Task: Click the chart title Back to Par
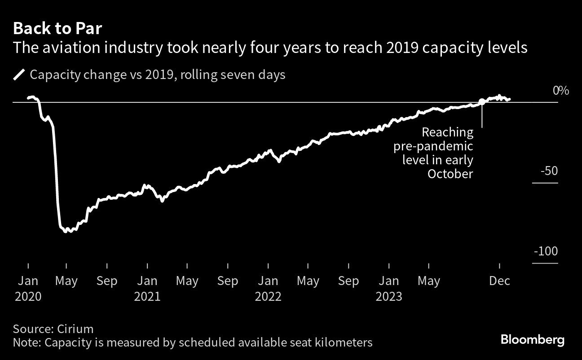click(58, 29)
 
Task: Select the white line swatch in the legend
click(19, 75)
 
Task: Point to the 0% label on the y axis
click(561, 91)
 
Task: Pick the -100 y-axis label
click(546, 251)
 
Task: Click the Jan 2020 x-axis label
click(28, 289)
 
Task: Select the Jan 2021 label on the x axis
click(147, 289)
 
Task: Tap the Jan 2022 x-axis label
click(268, 289)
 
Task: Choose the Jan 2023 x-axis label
click(389, 289)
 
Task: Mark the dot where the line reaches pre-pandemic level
click(482, 102)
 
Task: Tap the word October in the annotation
click(450, 174)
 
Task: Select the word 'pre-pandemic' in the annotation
click(433, 146)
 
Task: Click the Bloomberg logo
click(532, 340)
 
